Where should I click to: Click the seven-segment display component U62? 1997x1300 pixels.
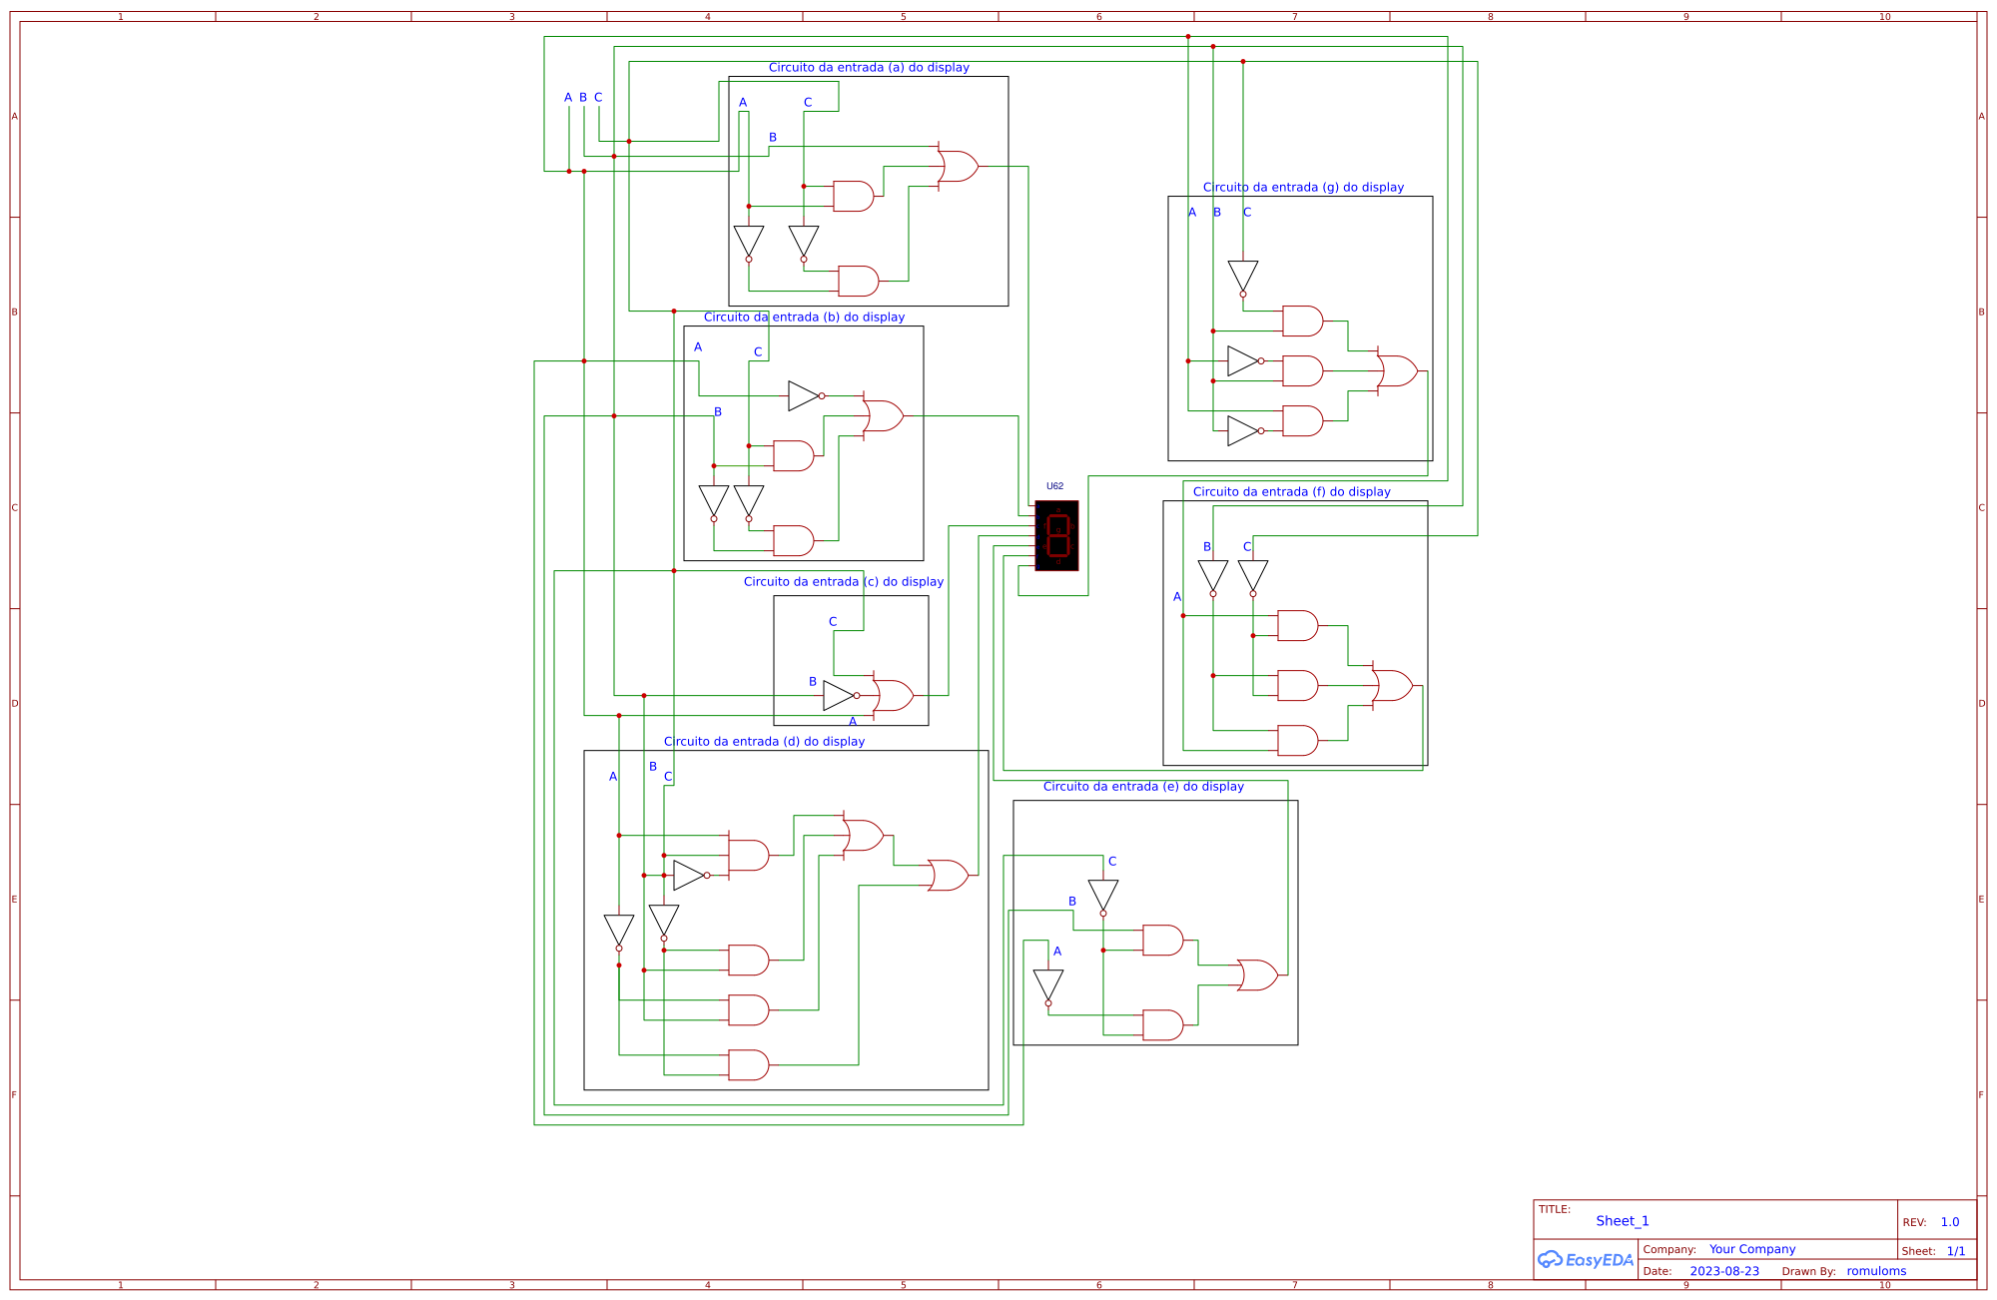click(1056, 535)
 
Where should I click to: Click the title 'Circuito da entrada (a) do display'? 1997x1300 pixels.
click(869, 68)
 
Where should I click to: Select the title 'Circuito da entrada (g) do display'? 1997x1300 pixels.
click(1303, 188)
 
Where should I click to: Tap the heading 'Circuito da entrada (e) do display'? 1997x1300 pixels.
click(1143, 787)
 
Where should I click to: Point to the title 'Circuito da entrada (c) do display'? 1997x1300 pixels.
click(843, 582)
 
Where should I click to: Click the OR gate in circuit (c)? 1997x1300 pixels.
click(894, 695)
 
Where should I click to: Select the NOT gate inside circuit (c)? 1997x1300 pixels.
click(840, 696)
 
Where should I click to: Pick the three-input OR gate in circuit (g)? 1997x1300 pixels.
click(1398, 370)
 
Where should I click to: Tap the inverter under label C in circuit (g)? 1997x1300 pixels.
click(1243, 277)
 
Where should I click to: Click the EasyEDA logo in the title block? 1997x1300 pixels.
click(1586, 1260)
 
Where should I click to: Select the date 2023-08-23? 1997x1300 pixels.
click(1724, 1272)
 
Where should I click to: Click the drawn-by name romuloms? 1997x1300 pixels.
click(1876, 1272)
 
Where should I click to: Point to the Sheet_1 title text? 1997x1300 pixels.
click(1622, 1221)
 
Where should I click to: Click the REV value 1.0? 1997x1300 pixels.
click(1949, 1222)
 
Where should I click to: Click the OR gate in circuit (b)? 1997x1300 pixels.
click(884, 415)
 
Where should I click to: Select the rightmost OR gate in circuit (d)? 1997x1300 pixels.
click(949, 875)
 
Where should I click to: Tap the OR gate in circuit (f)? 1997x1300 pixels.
click(1393, 685)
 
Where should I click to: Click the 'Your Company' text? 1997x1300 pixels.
click(1751, 1249)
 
